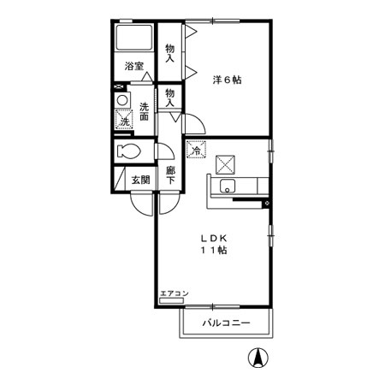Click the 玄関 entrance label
click(x=140, y=180)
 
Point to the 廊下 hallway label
click(x=171, y=175)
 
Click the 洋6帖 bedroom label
click(x=227, y=80)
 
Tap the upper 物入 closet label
click(x=170, y=52)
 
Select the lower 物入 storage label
click(x=170, y=97)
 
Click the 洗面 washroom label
click(x=145, y=112)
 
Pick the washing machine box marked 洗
click(x=125, y=121)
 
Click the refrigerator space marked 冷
click(x=196, y=151)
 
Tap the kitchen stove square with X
click(x=227, y=163)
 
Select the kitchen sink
click(x=228, y=187)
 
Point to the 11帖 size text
click(x=214, y=251)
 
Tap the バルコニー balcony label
click(x=226, y=323)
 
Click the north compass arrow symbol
click(x=255, y=359)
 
